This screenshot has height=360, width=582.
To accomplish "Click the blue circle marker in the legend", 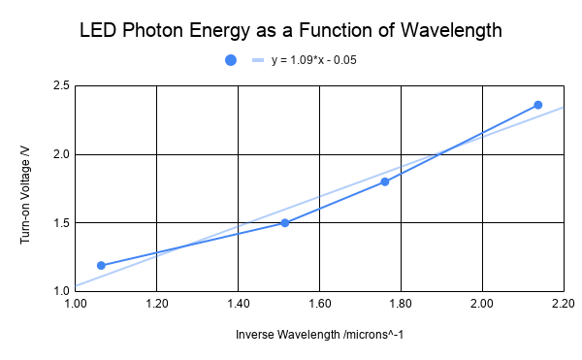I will coord(231,60).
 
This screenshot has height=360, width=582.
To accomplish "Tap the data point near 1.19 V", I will coord(101,265).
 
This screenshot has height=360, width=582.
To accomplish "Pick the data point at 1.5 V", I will coord(284,222).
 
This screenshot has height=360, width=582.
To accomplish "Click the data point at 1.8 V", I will coord(385,181).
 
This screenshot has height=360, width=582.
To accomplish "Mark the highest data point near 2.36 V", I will coord(538,105).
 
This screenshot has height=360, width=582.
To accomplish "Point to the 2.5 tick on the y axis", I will coord(60,86).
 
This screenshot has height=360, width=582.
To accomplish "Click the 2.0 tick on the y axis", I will coord(60,154).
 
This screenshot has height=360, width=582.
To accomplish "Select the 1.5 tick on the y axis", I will coord(60,223).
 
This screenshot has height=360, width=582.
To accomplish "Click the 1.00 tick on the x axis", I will coord(75,305).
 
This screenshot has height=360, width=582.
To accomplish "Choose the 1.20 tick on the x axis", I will coord(156,305).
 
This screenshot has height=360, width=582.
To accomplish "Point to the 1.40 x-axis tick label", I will coord(238,305).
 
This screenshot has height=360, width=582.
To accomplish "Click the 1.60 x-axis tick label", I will coord(319,305).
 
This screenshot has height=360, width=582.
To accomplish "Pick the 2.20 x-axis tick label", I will coord(562,305).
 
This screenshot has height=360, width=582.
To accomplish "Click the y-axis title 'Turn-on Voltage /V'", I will coord(26,188).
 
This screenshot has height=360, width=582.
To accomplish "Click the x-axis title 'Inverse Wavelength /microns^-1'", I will coord(319,334).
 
